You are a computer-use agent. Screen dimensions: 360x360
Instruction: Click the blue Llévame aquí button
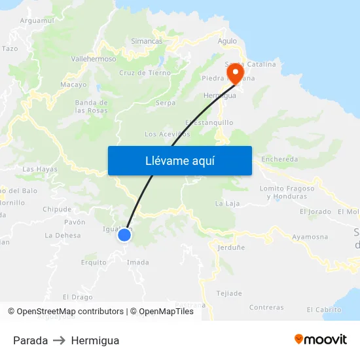coord(179,160)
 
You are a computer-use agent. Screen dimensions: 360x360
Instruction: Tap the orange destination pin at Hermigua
coord(234,71)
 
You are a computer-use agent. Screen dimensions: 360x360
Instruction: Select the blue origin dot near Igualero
coord(124,234)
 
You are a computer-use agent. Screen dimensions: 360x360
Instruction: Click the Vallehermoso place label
coord(93,59)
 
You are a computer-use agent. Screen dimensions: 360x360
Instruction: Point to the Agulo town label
coord(227,41)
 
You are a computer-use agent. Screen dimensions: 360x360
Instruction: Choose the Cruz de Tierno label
coord(145,73)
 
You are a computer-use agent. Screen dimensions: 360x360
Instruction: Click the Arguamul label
coord(37,21)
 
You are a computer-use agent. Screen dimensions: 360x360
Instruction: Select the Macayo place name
coord(73,85)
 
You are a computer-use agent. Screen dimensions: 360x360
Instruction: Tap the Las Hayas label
coord(40,169)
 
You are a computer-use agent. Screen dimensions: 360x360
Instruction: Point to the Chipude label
coord(57,209)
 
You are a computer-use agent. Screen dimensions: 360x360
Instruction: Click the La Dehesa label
coord(63,236)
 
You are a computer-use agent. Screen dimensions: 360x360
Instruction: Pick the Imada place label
coord(137,262)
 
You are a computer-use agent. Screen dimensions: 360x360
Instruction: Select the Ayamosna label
coord(310,236)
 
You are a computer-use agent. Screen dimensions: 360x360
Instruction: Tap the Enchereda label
coord(279,159)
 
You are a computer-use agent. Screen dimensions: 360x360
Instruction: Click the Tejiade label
coord(229,293)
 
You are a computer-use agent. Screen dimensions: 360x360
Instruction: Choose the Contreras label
coord(266,307)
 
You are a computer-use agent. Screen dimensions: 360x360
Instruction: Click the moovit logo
coord(321,340)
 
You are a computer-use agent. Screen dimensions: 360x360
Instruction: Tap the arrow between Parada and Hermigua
coord(60,340)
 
